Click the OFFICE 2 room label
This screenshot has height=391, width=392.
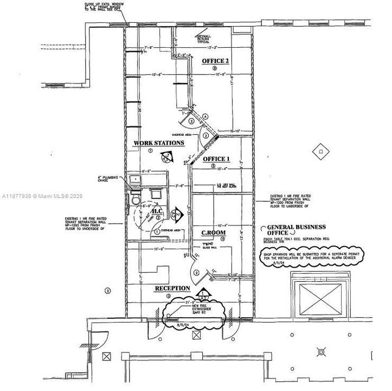click(x=216, y=61)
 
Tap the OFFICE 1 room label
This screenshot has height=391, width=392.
click(x=216, y=159)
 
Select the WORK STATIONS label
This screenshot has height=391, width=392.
click(x=159, y=143)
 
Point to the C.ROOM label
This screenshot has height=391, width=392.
click(x=214, y=232)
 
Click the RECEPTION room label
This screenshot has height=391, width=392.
click(x=172, y=288)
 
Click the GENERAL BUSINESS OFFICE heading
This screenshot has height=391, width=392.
click(x=293, y=230)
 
